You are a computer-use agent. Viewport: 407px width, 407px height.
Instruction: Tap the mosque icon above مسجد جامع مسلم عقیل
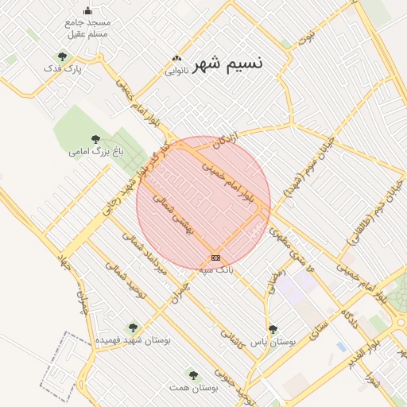point(87,10)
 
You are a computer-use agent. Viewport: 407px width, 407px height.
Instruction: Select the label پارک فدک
point(64,69)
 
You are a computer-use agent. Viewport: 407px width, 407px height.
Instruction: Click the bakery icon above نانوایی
point(176,58)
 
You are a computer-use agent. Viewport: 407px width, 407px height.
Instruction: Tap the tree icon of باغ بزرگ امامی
point(96,139)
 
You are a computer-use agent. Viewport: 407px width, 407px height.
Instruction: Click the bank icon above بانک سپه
point(215,258)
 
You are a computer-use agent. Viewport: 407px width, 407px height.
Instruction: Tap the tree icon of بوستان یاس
point(273,329)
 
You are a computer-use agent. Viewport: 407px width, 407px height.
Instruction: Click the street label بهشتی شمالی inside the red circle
point(173,215)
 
